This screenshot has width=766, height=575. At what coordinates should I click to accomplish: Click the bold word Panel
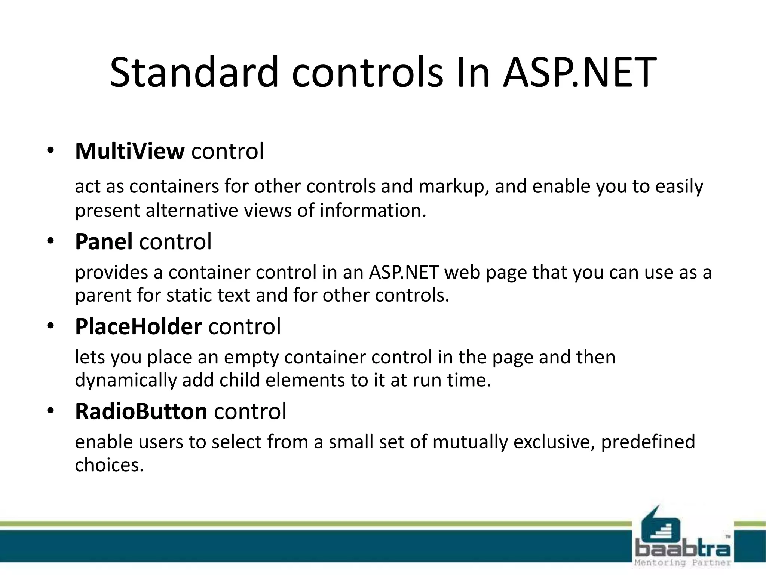(104, 241)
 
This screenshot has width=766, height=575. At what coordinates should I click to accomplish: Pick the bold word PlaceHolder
(138, 326)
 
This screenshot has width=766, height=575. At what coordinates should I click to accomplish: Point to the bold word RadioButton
(141, 411)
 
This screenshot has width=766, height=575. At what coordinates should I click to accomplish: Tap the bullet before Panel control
(50, 241)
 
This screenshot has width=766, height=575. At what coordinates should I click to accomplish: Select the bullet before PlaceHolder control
(50, 326)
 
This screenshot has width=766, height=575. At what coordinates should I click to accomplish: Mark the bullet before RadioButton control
(50, 411)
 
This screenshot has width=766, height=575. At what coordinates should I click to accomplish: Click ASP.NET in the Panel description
(404, 272)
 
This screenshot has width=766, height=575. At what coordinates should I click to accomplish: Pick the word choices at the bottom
(109, 465)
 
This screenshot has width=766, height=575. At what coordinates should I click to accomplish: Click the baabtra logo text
(683, 549)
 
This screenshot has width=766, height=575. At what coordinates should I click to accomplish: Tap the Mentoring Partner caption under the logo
(683, 563)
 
